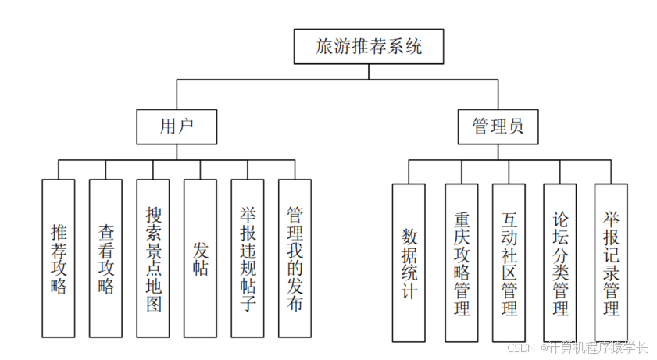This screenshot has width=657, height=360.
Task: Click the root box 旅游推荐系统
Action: [369, 47]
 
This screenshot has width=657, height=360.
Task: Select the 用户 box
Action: [176, 127]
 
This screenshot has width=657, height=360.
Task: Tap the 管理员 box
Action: [498, 127]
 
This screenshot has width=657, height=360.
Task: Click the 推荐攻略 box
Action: [59, 258]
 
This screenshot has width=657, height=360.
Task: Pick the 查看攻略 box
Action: [105, 258]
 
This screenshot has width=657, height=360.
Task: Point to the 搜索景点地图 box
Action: [153, 258]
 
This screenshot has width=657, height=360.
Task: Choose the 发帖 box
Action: [201, 258]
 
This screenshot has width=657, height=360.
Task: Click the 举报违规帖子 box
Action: [248, 258]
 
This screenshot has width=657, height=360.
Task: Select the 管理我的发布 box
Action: [295, 258]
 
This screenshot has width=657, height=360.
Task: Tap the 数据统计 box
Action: [409, 263]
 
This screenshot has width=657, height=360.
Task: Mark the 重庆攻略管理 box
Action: [462, 263]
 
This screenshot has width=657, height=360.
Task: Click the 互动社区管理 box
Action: [509, 263]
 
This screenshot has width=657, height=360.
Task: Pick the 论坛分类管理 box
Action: [560, 263]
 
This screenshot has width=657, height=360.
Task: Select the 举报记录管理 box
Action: [611, 263]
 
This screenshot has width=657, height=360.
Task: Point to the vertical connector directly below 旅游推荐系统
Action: [369, 71]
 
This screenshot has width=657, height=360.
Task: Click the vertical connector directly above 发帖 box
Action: [201, 169]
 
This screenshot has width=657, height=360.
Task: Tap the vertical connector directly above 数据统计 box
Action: [409, 173]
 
